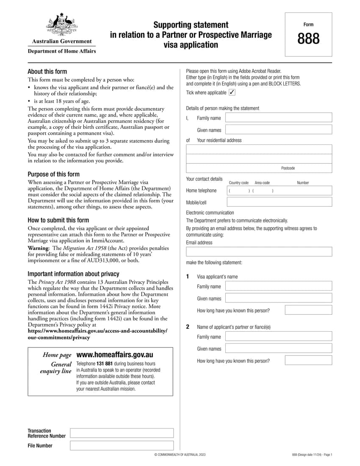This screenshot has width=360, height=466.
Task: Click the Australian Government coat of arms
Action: [62, 25]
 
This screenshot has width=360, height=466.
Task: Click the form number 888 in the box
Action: [308, 39]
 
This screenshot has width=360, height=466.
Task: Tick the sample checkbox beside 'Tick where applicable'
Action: [232, 92]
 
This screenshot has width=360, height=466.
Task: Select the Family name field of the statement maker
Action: [279, 118]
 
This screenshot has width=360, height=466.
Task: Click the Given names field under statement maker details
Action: [279, 130]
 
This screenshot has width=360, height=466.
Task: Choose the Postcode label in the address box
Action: [288, 168]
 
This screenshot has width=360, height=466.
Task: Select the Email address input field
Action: [259, 252]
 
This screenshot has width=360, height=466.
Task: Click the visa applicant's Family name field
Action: [279, 286]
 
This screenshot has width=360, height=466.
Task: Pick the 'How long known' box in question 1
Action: [308, 310]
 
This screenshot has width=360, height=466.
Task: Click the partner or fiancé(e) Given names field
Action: [279, 348]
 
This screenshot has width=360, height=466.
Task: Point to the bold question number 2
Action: [188, 327]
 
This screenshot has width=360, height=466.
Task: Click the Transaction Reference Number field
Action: [122, 433]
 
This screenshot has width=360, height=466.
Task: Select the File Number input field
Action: [122, 445]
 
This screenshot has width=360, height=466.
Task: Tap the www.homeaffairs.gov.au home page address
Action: [114, 355]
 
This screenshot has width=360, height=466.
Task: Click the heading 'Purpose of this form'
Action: [53, 174]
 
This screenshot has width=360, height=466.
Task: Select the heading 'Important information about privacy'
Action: [73, 274]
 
